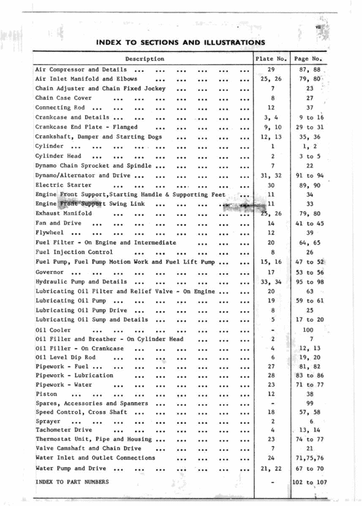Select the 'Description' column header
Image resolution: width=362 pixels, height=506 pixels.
[x=144, y=59]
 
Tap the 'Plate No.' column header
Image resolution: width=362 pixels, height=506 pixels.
[x=271, y=59]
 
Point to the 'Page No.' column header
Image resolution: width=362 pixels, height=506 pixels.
[x=309, y=59]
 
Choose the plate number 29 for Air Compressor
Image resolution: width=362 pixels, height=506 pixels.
[x=271, y=70]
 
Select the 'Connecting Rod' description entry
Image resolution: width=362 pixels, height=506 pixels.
[x=63, y=108]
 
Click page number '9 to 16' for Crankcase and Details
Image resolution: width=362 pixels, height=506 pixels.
[x=311, y=117]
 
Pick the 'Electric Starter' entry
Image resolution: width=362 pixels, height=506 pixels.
[x=63, y=185]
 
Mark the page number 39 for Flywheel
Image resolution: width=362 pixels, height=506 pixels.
[x=309, y=233]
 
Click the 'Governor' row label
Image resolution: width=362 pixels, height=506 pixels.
[x=54, y=271]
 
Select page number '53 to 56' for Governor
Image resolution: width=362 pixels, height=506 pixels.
[x=311, y=271]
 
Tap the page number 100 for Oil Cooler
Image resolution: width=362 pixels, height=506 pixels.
[x=308, y=329]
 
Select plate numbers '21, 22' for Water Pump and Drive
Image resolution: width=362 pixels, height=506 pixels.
[x=271, y=469]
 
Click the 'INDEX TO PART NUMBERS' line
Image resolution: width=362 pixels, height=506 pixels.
[x=73, y=482]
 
